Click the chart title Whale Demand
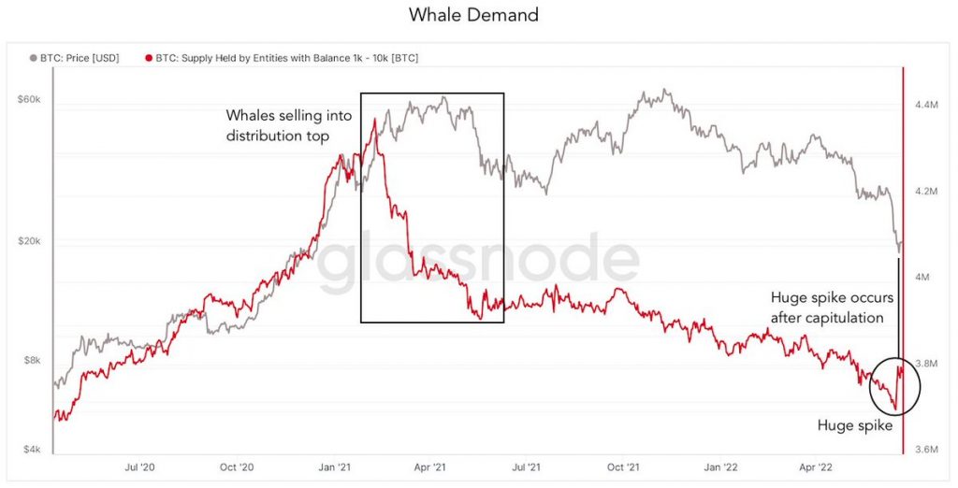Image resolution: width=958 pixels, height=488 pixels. pyautogui.click(x=473, y=15)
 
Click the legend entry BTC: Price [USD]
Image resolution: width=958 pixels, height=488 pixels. pyautogui.click(x=80, y=58)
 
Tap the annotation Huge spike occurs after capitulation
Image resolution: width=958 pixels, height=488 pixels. pyautogui.click(x=832, y=308)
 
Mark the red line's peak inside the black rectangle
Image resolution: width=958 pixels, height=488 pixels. pyautogui.click(x=375, y=120)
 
